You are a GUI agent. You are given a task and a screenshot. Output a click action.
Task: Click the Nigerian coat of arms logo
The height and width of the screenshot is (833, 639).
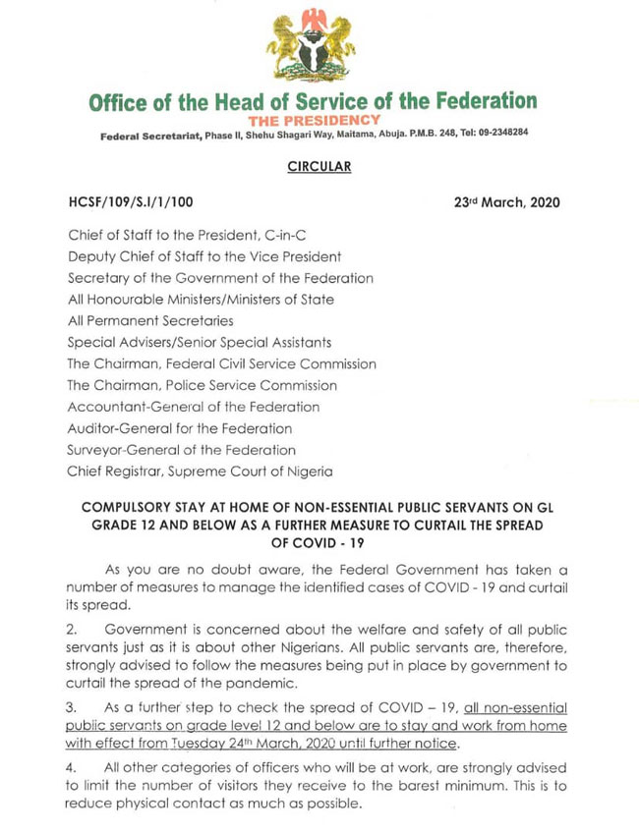click(x=313, y=45)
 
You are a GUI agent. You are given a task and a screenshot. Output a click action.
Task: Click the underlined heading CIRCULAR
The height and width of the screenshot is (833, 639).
click(x=312, y=167)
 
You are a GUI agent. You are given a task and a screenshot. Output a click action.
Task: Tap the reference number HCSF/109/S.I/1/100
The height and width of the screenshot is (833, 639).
click(x=131, y=202)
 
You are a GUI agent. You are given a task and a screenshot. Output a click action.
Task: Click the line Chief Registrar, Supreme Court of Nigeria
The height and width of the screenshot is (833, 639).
click(x=200, y=472)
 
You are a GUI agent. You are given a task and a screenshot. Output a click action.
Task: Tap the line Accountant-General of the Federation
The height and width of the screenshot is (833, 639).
click(x=194, y=407)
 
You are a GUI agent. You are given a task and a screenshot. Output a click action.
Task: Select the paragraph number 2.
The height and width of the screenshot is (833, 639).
click(x=71, y=627)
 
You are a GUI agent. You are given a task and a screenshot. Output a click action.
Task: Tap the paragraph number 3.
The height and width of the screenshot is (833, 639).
click(x=71, y=707)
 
